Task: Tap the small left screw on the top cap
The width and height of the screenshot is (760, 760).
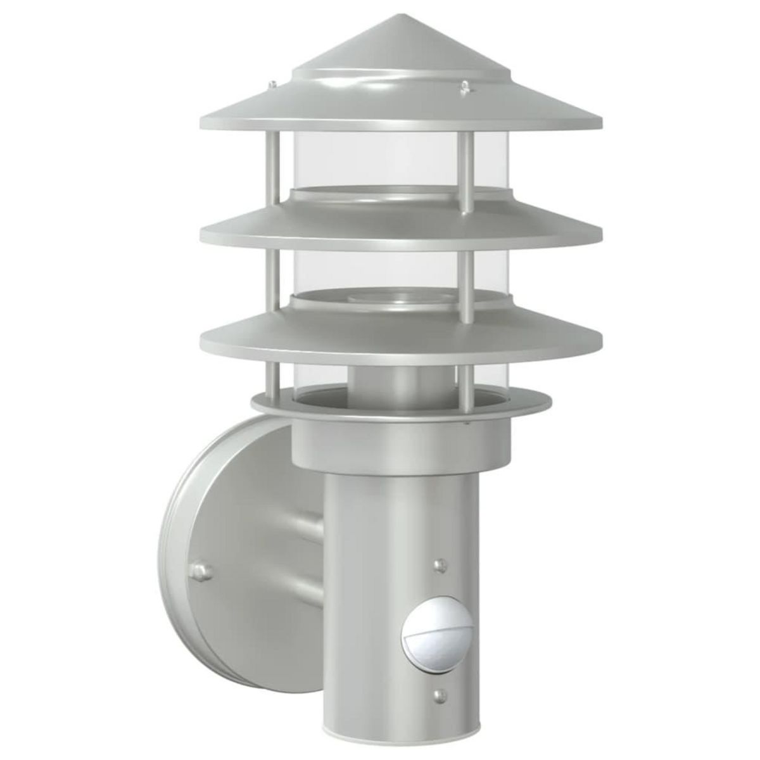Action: coord(272,83)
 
